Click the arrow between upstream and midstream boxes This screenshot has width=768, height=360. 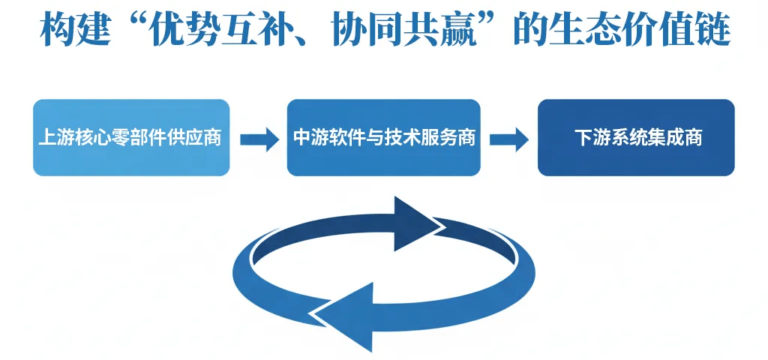[259, 139]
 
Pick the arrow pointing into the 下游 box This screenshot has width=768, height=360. [510, 139]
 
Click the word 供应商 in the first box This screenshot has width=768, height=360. [198, 139]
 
